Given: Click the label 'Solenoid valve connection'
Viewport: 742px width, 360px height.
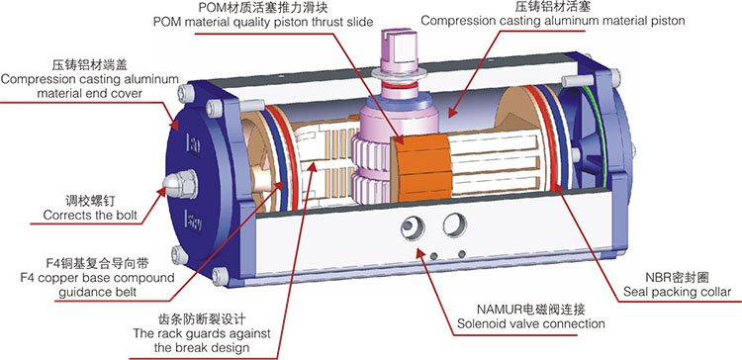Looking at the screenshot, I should pyautogui.click(x=530, y=322).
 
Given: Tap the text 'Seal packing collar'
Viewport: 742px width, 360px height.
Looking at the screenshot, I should pyautogui.click(x=677, y=292).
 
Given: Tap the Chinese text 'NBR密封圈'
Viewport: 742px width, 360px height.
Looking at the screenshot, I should pyautogui.click(x=680, y=275).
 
